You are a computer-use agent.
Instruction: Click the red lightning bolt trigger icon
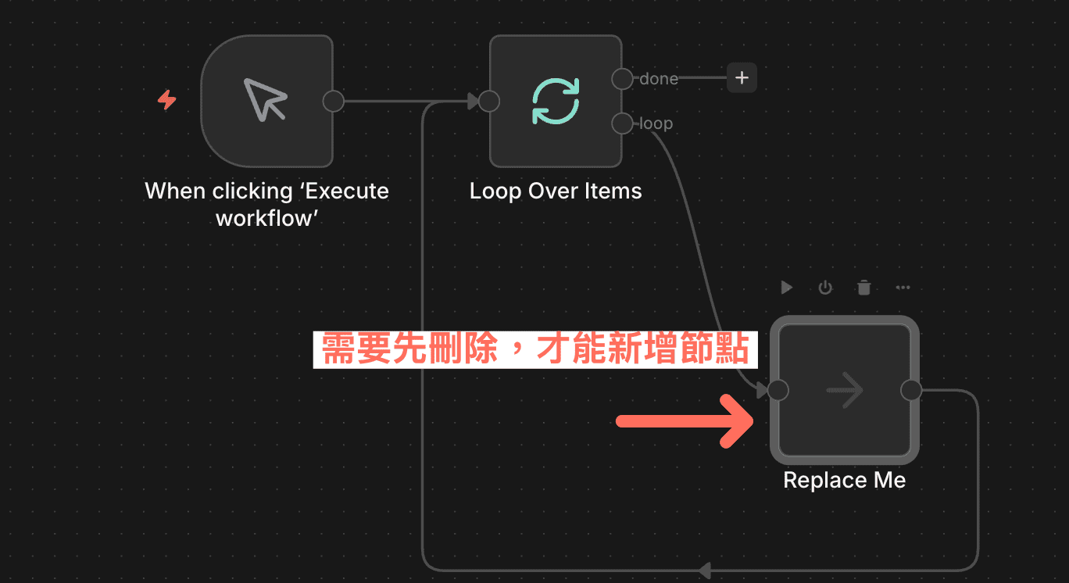coord(166,100)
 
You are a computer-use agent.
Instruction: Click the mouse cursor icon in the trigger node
coord(266,99)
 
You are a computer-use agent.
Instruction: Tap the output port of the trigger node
coord(334,101)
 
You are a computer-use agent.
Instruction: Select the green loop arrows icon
coord(556,101)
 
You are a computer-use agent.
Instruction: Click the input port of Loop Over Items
coord(489,101)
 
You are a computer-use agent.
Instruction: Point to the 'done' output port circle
coord(622,78)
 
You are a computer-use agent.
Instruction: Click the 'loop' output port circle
coord(622,123)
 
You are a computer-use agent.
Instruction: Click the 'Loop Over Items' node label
coord(556,191)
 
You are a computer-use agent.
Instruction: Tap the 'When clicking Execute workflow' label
coord(266,204)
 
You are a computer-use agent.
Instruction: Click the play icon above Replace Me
coord(787,288)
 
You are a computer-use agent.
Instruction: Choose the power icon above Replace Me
coord(825,288)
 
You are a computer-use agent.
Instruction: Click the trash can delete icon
coord(863,288)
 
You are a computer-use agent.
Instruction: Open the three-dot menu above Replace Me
coord(903,288)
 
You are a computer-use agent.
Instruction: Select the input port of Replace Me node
coord(778,390)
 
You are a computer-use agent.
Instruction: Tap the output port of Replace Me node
coord(911,390)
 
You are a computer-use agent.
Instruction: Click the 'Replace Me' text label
coord(844,480)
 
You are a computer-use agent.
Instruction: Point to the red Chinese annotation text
coord(535,350)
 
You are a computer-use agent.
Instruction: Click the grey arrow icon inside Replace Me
coord(844,390)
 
